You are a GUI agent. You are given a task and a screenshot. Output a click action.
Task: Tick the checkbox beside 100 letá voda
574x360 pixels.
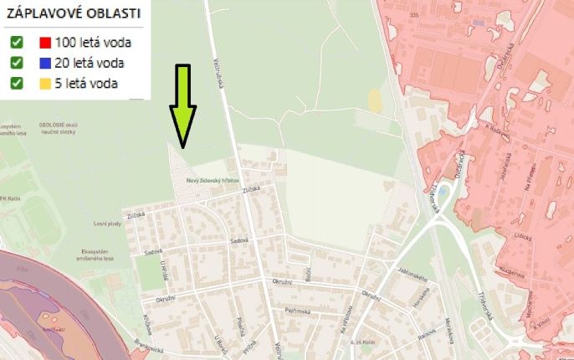point(16,42)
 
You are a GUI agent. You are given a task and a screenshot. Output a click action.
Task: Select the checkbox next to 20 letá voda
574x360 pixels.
point(16,62)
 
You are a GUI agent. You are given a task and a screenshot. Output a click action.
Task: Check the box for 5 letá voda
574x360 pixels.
point(16,82)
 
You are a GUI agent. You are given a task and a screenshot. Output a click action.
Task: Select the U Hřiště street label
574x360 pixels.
point(164,270)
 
